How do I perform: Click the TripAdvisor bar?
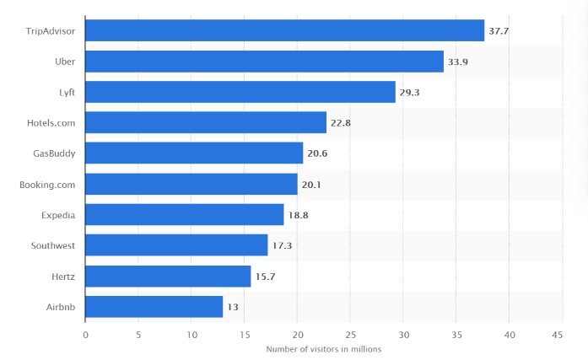(285, 30)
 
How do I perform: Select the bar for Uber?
(264, 62)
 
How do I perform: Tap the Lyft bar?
(240, 92)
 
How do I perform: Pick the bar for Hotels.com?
(206, 122)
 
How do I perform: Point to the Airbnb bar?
(154, 306)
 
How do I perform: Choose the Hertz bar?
(168, 276)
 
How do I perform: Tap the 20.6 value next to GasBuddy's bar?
(317, 153)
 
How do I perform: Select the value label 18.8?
(298, 215)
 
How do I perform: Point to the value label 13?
(232, 307)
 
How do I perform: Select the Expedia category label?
(57, 215)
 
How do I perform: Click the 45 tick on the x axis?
(557, 335)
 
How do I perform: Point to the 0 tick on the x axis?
(85, 335)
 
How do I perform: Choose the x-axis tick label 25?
(349, 335)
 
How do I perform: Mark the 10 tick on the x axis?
(192, 335)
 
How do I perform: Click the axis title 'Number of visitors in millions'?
(323, 349)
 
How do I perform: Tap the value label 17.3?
(282, 245)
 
